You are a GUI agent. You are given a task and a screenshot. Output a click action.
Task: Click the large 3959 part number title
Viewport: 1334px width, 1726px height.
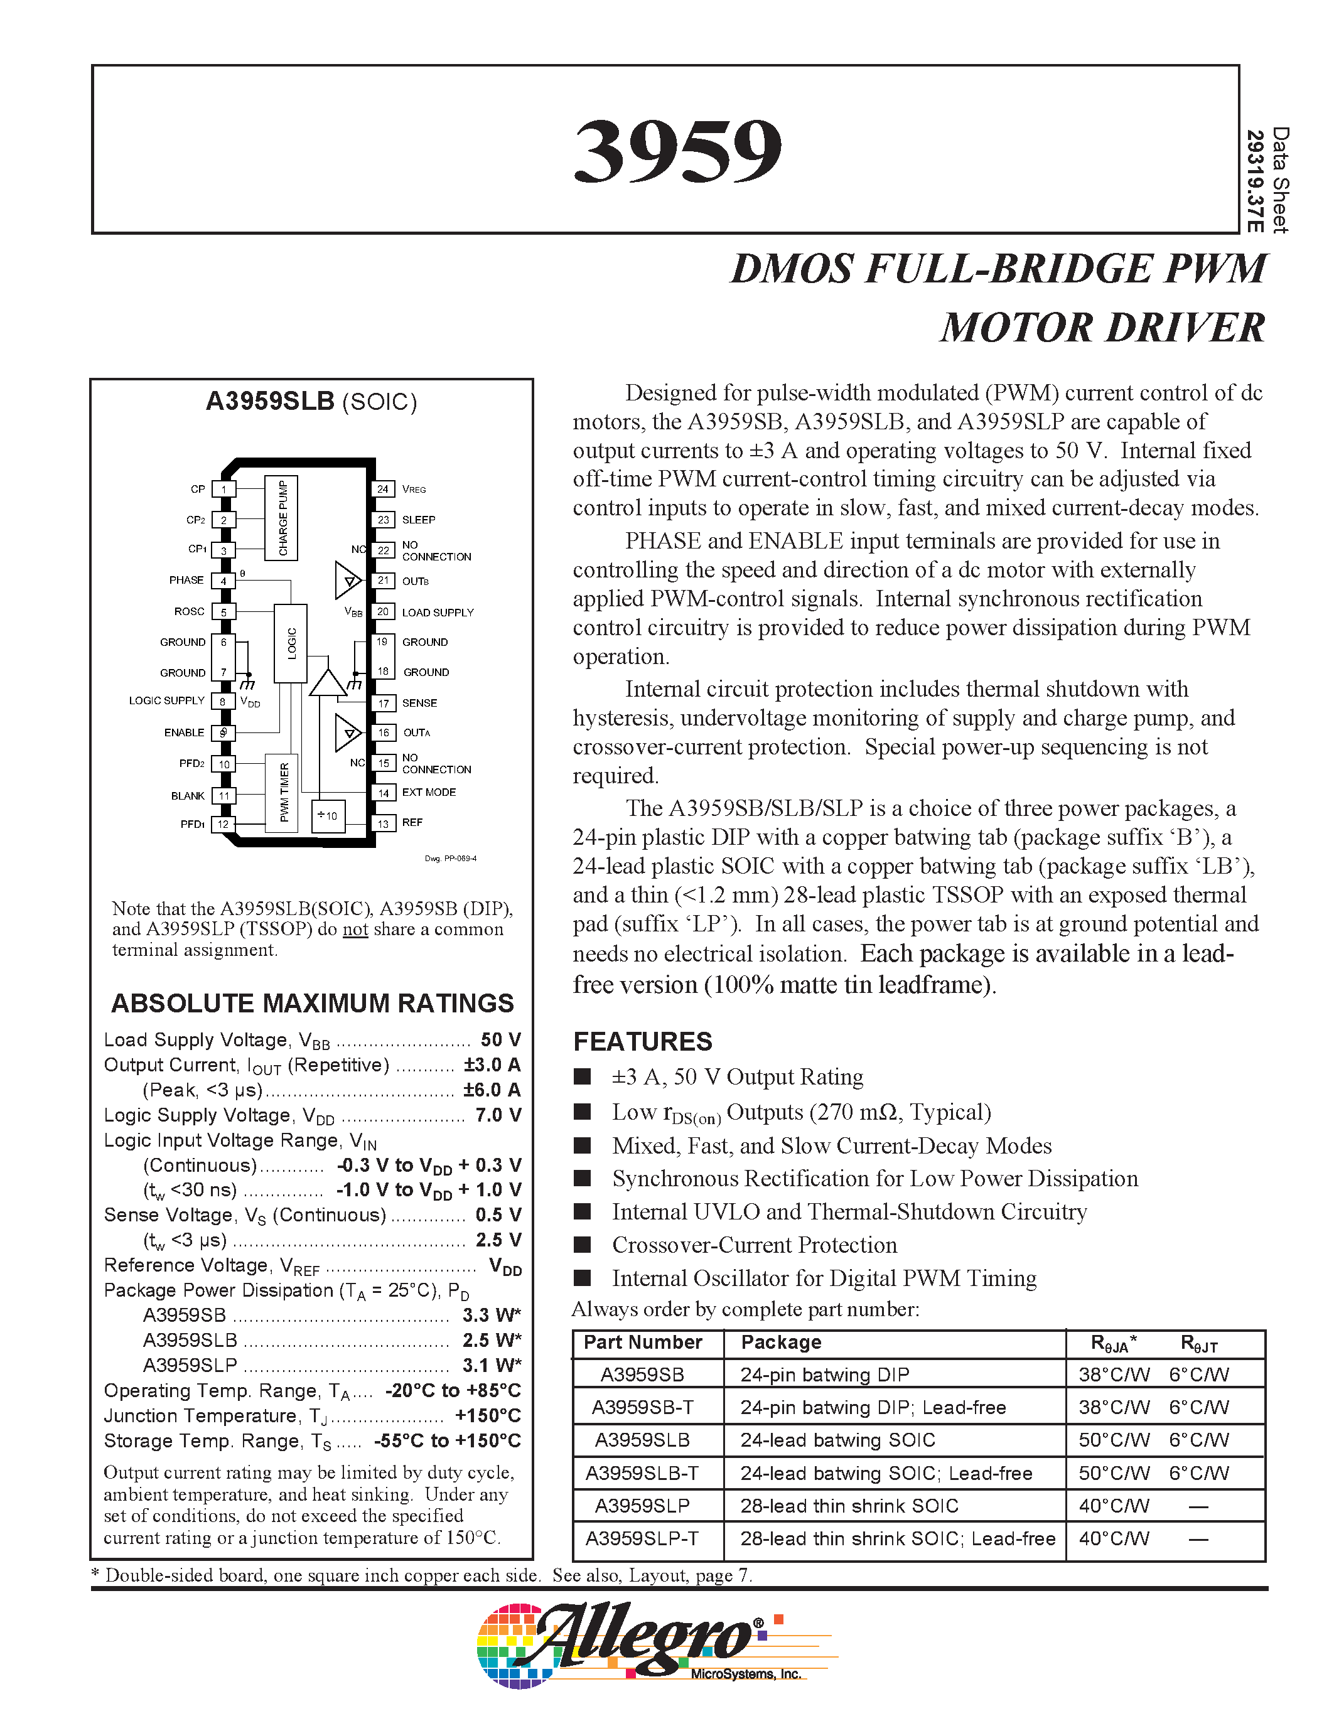tap(677, 150)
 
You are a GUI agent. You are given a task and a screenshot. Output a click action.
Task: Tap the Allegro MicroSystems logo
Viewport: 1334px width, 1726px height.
tap(656, 1644)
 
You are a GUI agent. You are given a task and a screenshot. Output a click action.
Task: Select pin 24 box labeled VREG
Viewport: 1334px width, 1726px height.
tap(382, 489)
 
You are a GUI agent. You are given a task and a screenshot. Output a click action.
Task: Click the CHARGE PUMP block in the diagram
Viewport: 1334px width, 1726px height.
tap(281, 518)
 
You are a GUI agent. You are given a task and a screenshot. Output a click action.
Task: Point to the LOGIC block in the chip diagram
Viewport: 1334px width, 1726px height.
tap(290, 643)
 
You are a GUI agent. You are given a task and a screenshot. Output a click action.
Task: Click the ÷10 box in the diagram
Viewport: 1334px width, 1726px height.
tap(327, 815)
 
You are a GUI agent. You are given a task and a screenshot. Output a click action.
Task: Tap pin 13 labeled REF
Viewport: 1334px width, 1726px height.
tap(382, 823)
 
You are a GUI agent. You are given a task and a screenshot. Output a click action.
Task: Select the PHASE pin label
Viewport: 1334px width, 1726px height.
tap(186, 580)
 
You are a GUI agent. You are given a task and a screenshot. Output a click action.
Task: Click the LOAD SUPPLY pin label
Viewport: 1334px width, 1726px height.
tap(438, 613)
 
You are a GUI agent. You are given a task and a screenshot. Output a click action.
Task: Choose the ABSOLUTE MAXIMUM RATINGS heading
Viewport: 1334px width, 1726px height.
tap(312, 1003)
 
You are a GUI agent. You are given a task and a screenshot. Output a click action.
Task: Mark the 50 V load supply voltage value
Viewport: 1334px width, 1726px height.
tap(500, 1039)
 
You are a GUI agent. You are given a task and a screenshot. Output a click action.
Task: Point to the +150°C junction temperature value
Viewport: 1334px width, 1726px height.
tap(488, 1415)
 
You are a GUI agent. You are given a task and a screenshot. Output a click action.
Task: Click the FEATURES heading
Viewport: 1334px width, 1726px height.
tap(642, 1042)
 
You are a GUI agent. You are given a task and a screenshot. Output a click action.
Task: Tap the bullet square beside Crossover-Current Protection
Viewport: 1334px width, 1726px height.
tap(583, 1245)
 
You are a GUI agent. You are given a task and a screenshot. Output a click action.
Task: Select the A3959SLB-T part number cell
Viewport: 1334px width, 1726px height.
tap(642, 1473)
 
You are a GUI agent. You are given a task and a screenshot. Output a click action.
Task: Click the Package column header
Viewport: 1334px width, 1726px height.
tap(781, 1342)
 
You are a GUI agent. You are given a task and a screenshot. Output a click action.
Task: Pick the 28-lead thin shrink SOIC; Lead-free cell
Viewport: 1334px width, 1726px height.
tap(898, 1539)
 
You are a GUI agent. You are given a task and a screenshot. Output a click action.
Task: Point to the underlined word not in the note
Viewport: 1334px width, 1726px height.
tap(355, 930)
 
